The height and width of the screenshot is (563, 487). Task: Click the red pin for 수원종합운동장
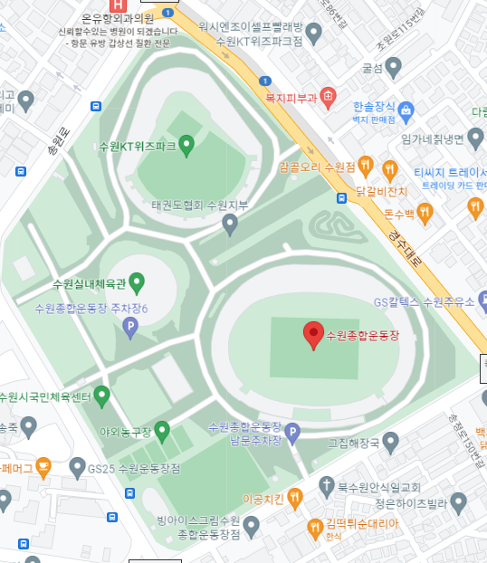pyautogui.click(x=312, y=335)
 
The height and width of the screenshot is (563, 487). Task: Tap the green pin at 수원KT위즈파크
pyautogui.click(x=186, y=144)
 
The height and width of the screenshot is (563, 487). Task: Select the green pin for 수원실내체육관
pyautogui.click(x=137, y=282)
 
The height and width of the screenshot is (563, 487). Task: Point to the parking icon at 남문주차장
pyautogui.click(x=291, y=435)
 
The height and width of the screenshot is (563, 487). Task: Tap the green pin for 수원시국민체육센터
pyautogui.click(x=101, y=396)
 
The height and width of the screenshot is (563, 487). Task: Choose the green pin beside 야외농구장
pyautogui.click(x=162, y=430)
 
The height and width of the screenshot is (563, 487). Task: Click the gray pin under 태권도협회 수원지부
pyautogui.click(x=230, y=224)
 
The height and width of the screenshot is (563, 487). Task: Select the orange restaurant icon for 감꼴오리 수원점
pyautogui.click(x=365, y=167)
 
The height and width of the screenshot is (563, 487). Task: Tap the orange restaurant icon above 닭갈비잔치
pyautogui.click(x=390, y=169)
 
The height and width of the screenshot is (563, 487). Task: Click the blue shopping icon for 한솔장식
pyautogui.click(x=406, y=111)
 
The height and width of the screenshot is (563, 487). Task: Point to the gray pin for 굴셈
pyautogui.click(x=394, y=67)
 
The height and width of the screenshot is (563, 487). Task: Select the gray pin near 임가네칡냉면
pyautogui.click(x=473, y=138)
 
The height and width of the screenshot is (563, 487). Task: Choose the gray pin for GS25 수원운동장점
pyautogui.click(x=76, y=469)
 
